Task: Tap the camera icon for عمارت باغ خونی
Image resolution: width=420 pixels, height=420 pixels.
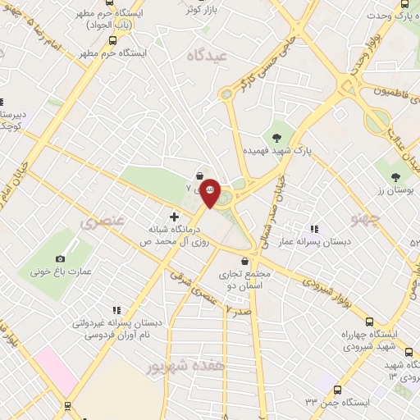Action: pyautogui.click(x=61, y=259)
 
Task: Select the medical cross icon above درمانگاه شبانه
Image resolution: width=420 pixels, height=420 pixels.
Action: pyautogui.click(x=174, y=216)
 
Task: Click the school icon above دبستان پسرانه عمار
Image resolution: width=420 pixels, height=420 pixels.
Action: pyautogui.click(x=313, y=230)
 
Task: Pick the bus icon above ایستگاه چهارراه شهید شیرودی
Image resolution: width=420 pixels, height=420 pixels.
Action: pyautogui.click(x=367, y=321)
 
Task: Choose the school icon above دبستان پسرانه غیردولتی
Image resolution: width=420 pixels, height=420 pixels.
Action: pyautogui.click(x=116, y=310)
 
